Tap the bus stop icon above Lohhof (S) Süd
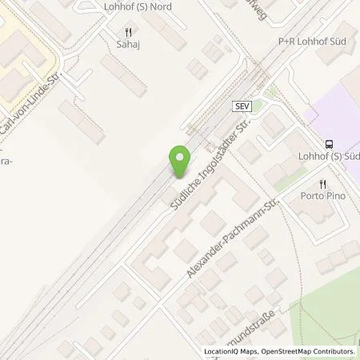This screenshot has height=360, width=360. click(x=329, y=145)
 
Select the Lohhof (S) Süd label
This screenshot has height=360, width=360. click(x=329, y=158)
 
